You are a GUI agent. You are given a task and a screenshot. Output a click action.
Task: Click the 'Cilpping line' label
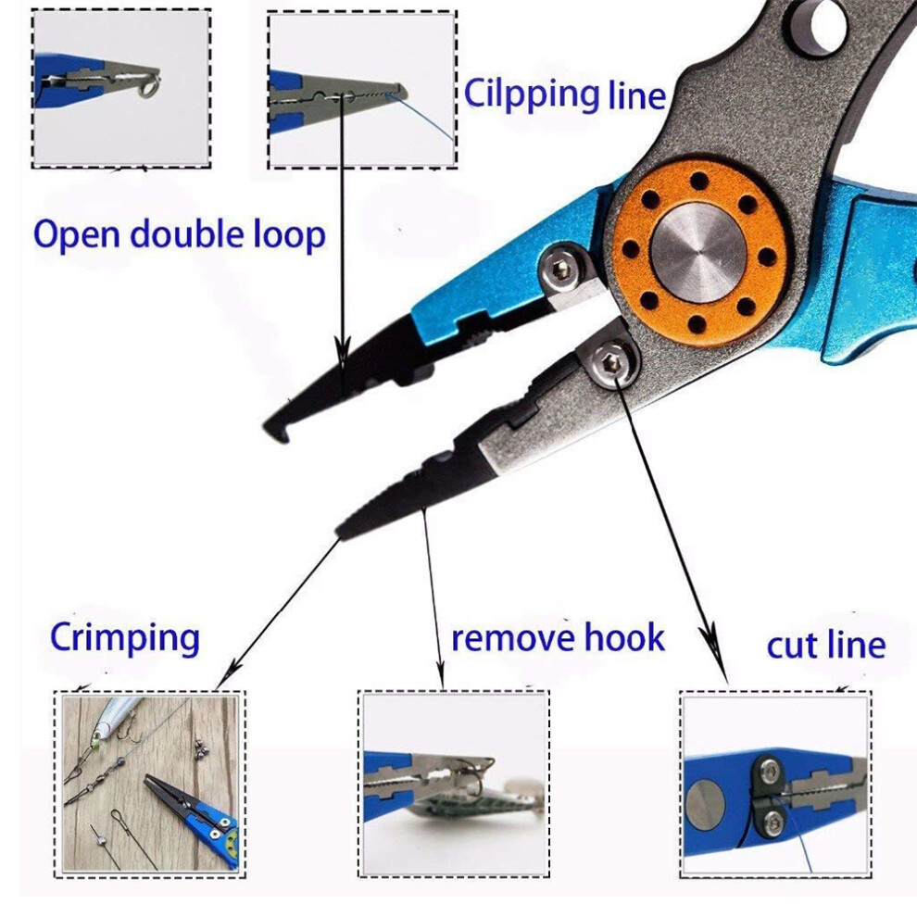[x=565, y=95]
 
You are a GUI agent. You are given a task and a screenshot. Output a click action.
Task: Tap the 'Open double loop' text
[x=180, y=235]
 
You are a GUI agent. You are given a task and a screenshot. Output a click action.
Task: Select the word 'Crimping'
[x=124, y=638]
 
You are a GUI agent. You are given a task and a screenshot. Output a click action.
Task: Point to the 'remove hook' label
[x=558, y=637]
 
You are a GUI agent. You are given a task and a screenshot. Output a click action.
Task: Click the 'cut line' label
[x=826, y=646]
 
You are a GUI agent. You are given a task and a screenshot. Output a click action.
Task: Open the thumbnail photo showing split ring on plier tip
[x=121, y=89]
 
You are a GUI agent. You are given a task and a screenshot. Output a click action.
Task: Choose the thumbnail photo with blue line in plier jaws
[x=362, y=91]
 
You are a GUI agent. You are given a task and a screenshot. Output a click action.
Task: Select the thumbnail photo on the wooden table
[x=150, y=785]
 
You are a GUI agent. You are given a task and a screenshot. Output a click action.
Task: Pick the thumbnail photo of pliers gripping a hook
[x=454, y=785]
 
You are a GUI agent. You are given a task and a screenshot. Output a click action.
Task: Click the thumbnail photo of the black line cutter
[x=775, y=785]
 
